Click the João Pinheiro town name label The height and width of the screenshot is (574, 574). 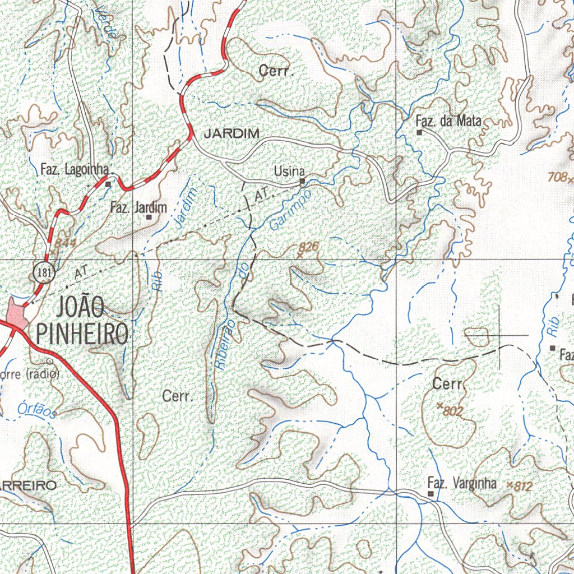82,321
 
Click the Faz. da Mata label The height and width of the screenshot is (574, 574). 448,121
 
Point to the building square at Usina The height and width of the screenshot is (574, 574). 302,181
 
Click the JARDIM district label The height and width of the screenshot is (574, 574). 231,133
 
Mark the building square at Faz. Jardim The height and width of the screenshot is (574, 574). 149,217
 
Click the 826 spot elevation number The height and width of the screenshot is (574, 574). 308,246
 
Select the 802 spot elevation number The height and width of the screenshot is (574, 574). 453,411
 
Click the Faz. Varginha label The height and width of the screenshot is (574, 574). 461,483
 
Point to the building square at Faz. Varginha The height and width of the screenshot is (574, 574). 430,494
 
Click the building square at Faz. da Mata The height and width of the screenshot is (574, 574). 419,132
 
